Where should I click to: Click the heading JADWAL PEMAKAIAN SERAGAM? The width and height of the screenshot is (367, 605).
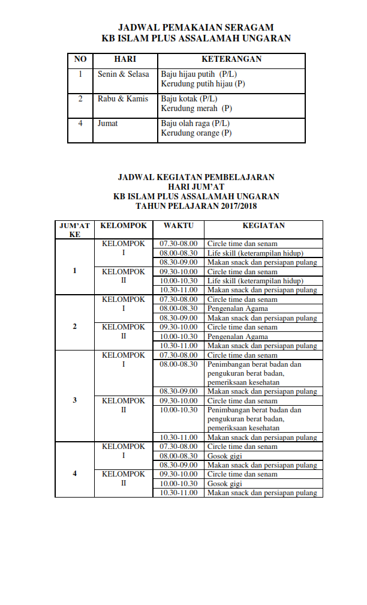pyautogui.click(x=195, y=28)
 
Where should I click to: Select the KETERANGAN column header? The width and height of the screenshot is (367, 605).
pyautogui.click(x=231, y=59)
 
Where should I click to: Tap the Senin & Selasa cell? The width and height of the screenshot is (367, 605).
pyautogui.click(x=123, y=74)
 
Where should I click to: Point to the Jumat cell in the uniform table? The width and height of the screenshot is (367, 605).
pyautogui.click(x=108, y=124)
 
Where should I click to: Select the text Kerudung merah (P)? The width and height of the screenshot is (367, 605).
pyautogui.click(x=196, y=109)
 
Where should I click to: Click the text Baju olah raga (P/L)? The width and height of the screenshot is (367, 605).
pyautogui.click(x=195, y=124)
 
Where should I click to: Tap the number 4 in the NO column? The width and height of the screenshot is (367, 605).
pyautogui.click(x=80, y=124)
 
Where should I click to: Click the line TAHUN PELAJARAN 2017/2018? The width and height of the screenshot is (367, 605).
pyautogui.click(x=195, y=205)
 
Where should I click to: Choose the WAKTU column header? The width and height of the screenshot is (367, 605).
pyautogui.click(x=178, y=226)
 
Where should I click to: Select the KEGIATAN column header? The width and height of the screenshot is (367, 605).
pyautogui.click(x=263, y=226)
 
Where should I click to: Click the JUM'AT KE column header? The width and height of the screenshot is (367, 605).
pyautogui.click(x=75, y=230)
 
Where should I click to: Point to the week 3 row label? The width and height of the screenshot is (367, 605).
pyautogui.click(x=75, y=400)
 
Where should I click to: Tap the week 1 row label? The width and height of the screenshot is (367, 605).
pyautogui.click(x=75, y=271)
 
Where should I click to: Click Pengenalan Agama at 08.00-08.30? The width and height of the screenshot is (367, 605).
pyautogui.click(x=237, y=309)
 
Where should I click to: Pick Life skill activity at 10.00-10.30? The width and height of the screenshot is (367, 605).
pyautogui.click(x=255, y=280)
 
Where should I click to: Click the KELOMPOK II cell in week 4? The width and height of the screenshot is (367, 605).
pyautogui.click(x=124, y=478)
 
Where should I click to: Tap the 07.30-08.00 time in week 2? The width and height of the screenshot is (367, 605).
pyautogui.click(x=178, y=299)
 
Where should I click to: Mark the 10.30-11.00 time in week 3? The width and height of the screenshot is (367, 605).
pyautogui.click(x=178, y=437)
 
